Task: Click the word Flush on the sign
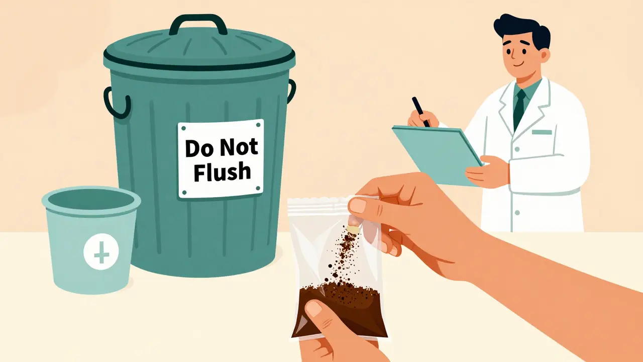(x=222, y=171)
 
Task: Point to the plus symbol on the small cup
(x=101, y=252)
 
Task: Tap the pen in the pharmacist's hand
(x=421, y=112)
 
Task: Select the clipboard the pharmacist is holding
(x=437, y=155)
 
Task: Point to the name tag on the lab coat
(x=542, y=132)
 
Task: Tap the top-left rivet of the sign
(x=184, y=128)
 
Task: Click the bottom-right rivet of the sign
(x=258, y=189)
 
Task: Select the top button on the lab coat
(x=517, y=149)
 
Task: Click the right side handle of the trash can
(x=291, y=91)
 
